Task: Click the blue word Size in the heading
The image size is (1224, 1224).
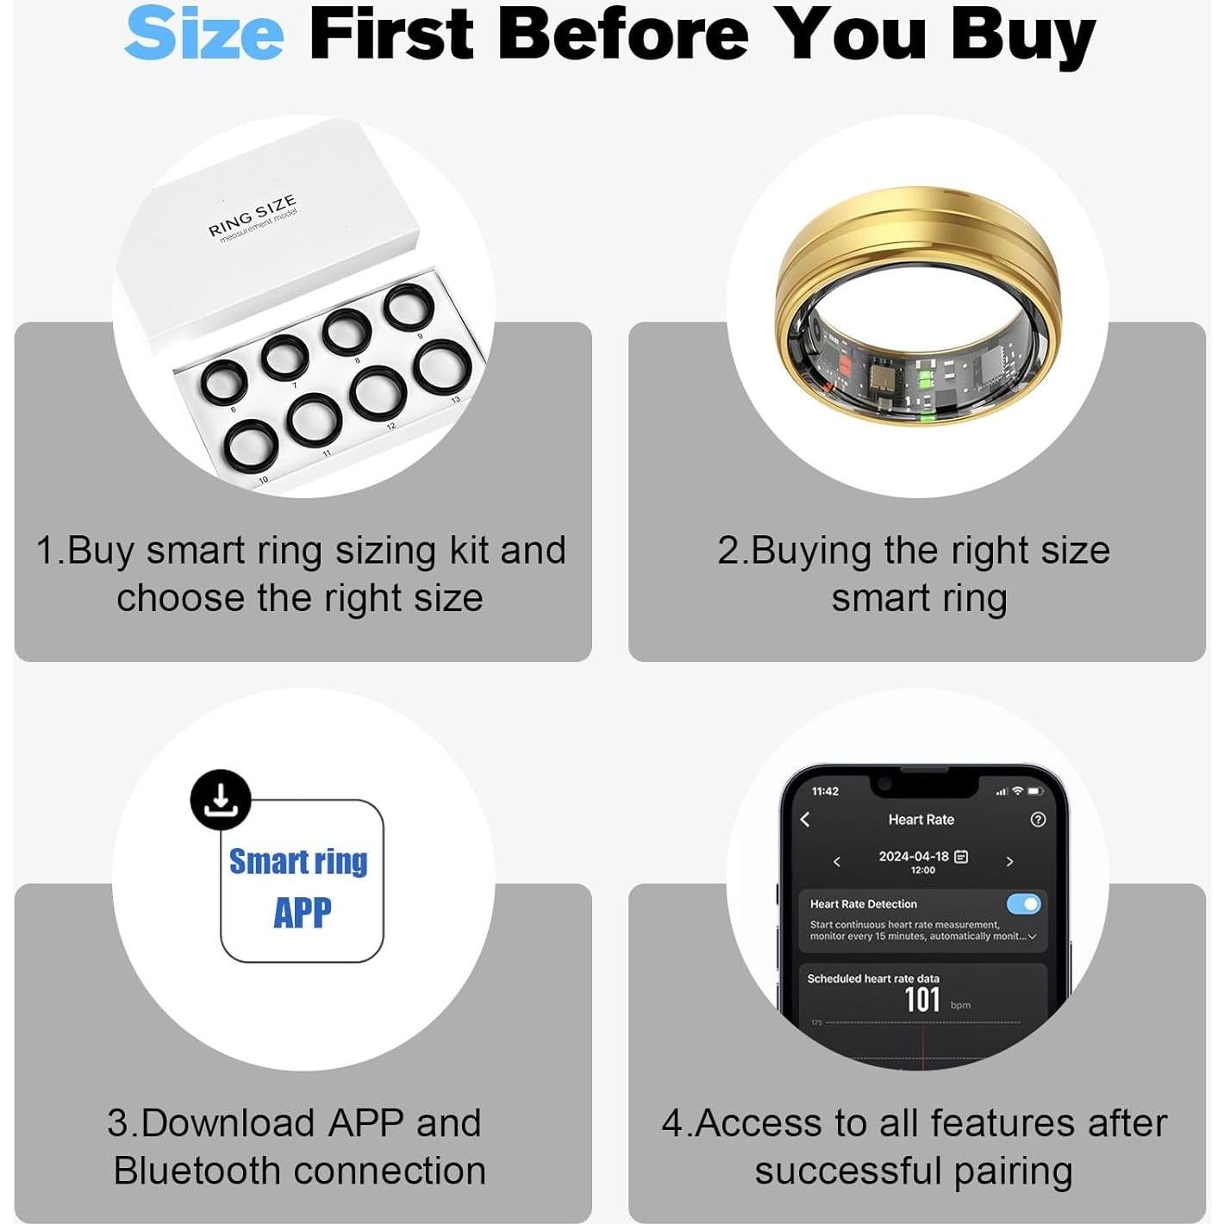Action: pos(204,34)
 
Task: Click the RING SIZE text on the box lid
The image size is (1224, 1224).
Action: pos(252,216)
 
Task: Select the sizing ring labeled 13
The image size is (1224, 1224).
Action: pos(443,365)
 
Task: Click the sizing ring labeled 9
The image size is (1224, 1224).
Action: pos(409,308)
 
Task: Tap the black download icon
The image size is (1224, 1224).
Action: pos(221,799)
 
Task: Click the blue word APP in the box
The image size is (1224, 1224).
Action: pos(303,913)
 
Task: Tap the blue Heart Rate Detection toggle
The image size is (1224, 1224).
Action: pos(1023,903)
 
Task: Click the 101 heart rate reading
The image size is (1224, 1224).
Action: pos(921,1000)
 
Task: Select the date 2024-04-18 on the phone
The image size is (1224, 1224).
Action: pos(913,856)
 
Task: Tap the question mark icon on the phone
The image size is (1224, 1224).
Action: pos(1038,819)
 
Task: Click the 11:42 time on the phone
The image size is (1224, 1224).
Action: pos(825,790)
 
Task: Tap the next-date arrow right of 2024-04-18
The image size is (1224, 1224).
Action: pos(1009,861)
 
